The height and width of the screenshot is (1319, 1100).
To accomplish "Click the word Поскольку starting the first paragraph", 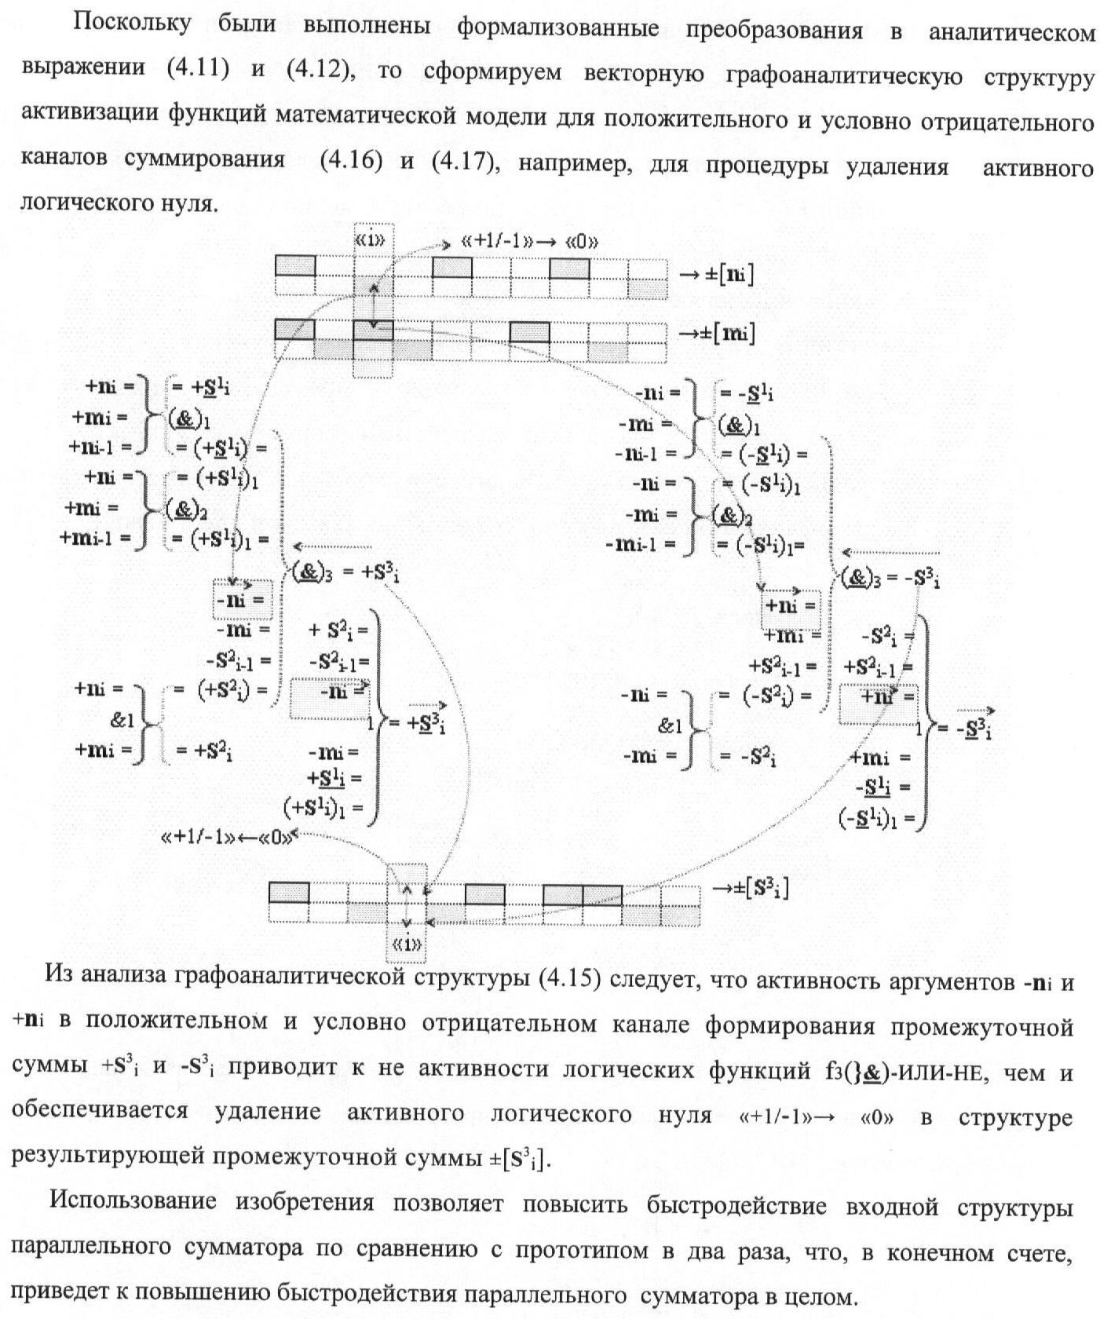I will [x=132, y=24].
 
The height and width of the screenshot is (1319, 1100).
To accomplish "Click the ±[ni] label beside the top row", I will [x=715, y=275].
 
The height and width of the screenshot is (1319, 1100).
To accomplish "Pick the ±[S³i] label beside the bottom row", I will [x=750, y=889].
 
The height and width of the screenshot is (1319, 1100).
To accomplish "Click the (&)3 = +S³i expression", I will [x=345, y=574].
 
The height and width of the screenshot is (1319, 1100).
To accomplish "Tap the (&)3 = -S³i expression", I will [x=890, y=579].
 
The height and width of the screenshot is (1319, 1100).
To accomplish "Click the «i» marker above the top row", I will [x=371, y=240].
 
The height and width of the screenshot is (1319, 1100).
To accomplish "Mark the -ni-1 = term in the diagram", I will [x=646, y=454].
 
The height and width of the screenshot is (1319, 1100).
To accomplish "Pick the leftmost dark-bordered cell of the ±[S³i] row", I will [x=289, y=893].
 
